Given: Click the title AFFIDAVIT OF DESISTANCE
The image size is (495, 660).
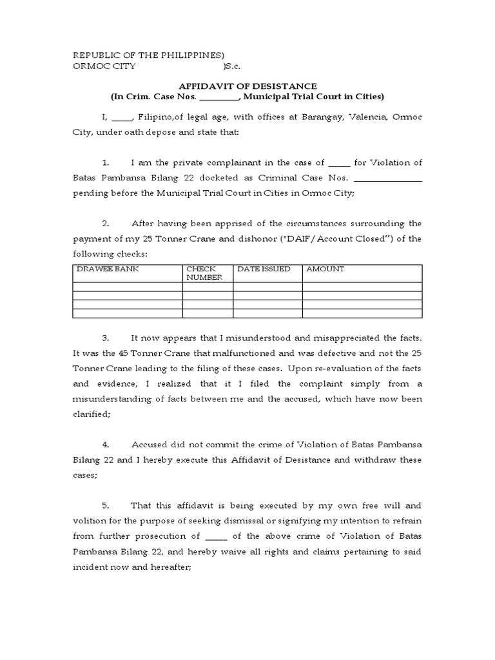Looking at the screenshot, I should (x=247, y=86).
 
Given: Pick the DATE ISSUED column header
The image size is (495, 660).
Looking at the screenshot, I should (x=264, y=269).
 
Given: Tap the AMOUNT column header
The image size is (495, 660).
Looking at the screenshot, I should (x=325, y=269).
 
